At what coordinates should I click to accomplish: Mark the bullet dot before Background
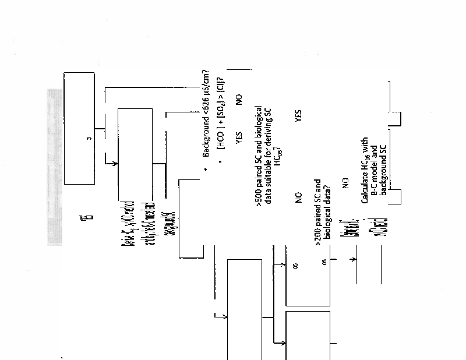click(x=206, y=169)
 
